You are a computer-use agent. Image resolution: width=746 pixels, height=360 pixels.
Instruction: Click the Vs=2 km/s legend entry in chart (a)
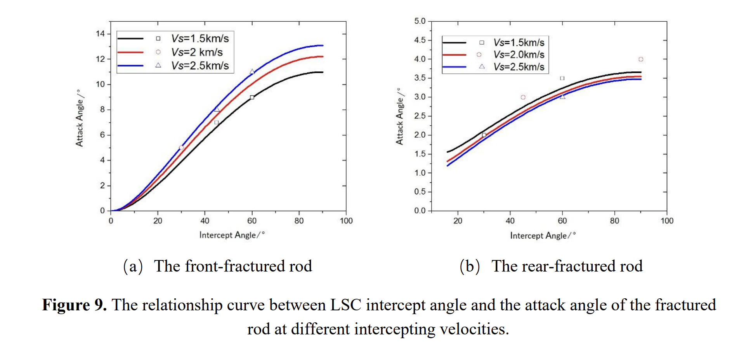[x=197, y=52]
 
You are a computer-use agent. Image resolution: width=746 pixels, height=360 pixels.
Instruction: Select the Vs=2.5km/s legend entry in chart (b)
[x=519, y=67]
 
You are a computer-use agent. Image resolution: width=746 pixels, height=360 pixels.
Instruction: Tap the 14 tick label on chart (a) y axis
[x=101, y=34]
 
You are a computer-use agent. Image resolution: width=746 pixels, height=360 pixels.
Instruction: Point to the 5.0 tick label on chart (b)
[x=420, y=21]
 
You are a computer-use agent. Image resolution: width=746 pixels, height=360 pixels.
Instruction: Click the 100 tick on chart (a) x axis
[x=346, y=221]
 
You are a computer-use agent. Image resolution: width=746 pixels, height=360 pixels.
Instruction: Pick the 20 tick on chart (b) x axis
[x=458, y=221]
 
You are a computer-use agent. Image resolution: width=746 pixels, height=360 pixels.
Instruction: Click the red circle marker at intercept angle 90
[x=641, y=59]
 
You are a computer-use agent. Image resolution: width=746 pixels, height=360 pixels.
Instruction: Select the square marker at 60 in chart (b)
[x=562, y=78]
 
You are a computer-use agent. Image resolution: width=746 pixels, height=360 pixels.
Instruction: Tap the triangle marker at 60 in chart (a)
[x=252, y=72]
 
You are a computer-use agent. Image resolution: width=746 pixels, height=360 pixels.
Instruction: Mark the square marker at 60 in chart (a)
[x=252, y=97]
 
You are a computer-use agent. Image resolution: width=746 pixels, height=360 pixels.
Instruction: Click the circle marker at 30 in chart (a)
[x=181, y=148]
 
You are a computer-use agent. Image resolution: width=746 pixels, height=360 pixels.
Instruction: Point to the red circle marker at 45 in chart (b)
[x=523, y=97]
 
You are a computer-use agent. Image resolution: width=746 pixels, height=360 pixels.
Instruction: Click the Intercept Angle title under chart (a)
[x=232, y=235]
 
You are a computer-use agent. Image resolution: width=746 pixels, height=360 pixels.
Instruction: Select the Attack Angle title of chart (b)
[x=399, y=116]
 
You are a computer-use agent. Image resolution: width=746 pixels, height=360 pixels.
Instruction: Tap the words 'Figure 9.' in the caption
[x=74, y=305]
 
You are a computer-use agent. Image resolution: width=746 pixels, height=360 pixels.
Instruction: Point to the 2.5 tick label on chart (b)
[x=420, y=116]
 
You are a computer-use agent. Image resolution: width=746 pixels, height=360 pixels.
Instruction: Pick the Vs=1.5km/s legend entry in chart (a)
[x=200, y=38]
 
